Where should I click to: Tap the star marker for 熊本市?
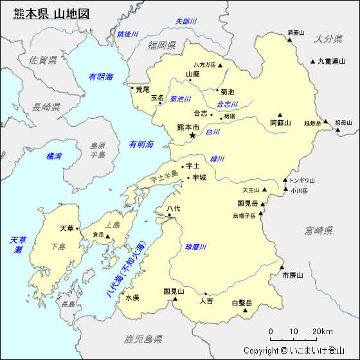192,136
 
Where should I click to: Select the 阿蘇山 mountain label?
280,122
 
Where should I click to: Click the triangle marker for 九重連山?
312,62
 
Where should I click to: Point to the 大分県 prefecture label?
328,39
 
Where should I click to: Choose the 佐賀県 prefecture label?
43,60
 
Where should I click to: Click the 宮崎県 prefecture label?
318,230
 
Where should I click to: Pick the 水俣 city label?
132,298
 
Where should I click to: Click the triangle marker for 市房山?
282,267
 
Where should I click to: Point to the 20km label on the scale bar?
323,332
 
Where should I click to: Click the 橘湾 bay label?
55,156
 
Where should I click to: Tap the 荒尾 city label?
142,89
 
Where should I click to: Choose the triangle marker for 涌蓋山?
290,40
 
